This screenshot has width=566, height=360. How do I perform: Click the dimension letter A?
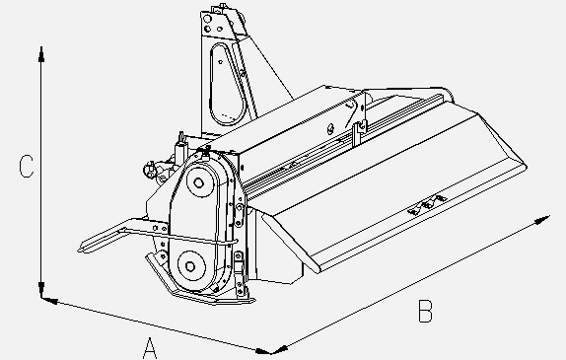coord(150,346)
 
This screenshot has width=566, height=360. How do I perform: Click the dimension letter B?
coord(425,311)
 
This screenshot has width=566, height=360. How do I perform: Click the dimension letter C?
coord(28,169)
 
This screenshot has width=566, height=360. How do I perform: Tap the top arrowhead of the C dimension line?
coord(40,50)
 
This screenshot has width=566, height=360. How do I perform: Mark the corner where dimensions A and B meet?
coord(270,349)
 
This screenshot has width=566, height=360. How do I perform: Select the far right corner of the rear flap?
coord(524,158)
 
